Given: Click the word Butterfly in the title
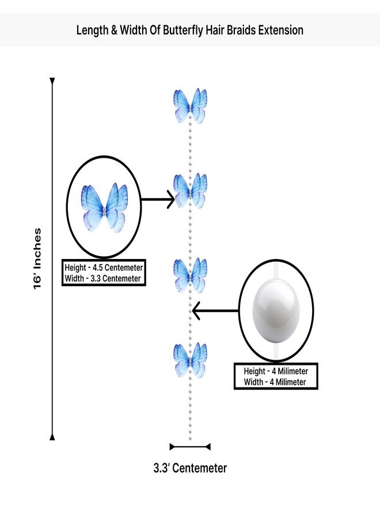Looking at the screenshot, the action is (x=183, y=31).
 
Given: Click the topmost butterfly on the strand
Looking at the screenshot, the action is (x=191, y=106).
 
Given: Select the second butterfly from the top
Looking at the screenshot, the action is (x=191, y=191).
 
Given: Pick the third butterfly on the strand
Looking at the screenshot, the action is (x=191, y=275).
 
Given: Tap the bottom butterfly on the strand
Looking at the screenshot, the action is (x=191, y=360).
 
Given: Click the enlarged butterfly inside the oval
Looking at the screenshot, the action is (x=104, y=207).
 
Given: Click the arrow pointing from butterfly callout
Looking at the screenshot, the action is (x=158, y=199).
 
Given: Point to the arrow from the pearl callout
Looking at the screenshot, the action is (x=215, y=311).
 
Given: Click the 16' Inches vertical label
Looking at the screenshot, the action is (x=37, y=258).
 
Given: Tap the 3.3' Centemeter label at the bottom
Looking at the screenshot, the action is (x=190, y=468).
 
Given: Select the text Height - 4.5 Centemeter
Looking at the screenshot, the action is (x=104, y=268).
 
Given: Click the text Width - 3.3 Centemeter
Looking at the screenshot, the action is (x=102, y=279).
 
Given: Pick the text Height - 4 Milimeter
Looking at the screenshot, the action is (x=276, y=371).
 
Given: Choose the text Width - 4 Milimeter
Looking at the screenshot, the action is (x=275, y=382).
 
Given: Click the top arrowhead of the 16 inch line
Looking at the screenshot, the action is (x=52, y=81).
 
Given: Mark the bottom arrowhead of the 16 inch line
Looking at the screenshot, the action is (x=52, y=437).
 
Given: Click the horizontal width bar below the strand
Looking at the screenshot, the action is (x=190, y=447).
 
